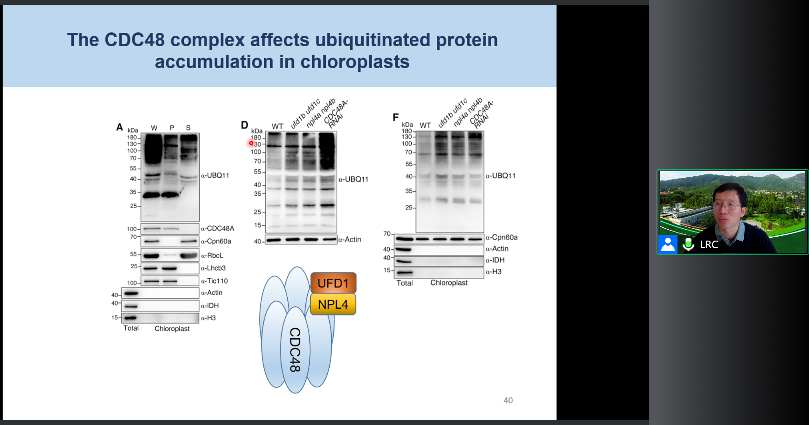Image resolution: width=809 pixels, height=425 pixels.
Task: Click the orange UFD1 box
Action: pyautogui.click(x=334, y=283)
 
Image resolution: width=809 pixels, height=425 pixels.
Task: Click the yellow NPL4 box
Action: pyautogui.click(x=333, y=304)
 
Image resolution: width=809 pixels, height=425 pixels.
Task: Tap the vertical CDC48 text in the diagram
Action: pyautogui.click(x=295, y=350)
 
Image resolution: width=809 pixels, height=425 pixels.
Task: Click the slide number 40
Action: pyautogui.click(x=508, y=400)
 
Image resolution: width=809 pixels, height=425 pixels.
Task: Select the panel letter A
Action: pyautogui.click(x=120, y=127)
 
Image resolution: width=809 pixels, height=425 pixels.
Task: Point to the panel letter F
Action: pyautogui.click(x=395, y=117)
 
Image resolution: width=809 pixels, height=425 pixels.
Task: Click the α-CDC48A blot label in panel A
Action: pyautogui.click(x=217, y=229)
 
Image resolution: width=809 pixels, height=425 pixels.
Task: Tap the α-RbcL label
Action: pyautogui.click(x=212, y=256)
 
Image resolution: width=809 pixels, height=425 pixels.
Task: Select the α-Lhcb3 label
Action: pyautogui.click(x=213, y=268)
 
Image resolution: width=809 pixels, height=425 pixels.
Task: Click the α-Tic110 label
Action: pyautogui.click(x=214, y=281)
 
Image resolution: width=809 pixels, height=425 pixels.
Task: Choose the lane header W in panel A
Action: pyautogui.click(x=154, y=128)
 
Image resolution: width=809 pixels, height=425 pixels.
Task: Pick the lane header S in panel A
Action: pyautogui.click(x=188, y=128)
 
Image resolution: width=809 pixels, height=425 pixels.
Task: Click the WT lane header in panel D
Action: pyautogui.click(x=277, y=126)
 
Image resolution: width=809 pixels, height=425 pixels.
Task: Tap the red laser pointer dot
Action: pyautogui.click(x=251, y=143)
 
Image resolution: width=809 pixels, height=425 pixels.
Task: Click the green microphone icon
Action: pyautogui.click(x=688, y=244)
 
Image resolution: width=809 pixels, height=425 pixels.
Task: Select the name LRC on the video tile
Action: pyautogui.click(x=709, y=245)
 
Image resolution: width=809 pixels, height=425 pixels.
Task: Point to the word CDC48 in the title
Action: pyautogui.click(x=134, y=40)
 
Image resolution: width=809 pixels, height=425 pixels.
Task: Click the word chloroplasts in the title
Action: pyautogui.click(x=355, y=62)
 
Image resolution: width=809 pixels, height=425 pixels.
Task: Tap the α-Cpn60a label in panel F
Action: pyautogui.click(x=502, y=238)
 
